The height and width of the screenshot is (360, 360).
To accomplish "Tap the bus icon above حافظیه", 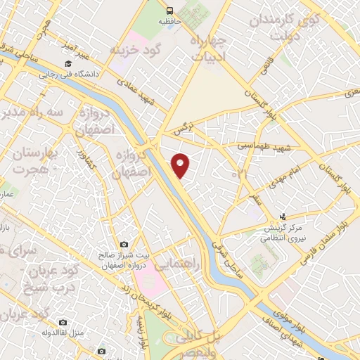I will (169, 11).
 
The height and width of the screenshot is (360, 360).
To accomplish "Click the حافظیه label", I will (169, 22).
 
